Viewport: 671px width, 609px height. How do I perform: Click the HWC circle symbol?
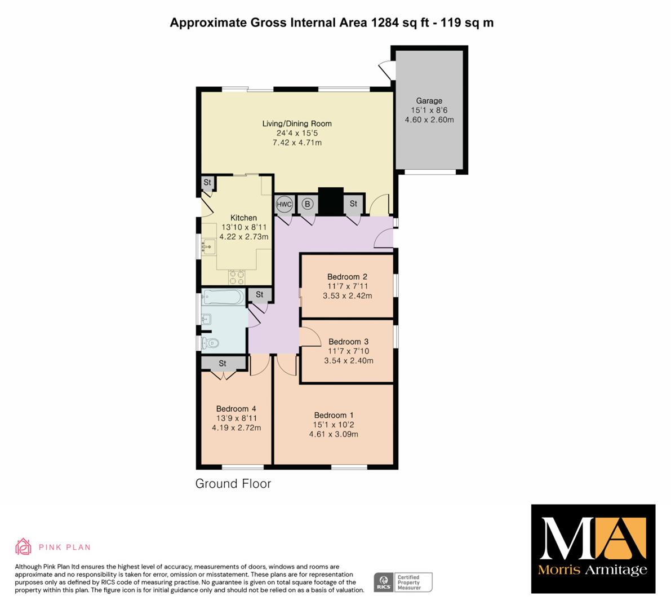(284, 204)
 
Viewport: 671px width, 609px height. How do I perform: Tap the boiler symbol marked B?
(307, 204)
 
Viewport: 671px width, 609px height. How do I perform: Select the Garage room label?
(429, 100)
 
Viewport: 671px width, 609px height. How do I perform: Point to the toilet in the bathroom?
(210, 343)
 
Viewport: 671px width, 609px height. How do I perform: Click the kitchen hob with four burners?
(237, 277)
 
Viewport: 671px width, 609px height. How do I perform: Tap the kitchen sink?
(208, 246)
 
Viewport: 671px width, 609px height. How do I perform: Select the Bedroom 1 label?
(334, 415)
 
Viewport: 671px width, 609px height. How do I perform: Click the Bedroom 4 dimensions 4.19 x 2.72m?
(236, 427)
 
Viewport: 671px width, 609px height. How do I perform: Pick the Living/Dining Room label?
(297, 123)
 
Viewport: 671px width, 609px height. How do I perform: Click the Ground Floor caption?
(233, 483)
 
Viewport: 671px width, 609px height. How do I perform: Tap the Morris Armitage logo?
(593, 549)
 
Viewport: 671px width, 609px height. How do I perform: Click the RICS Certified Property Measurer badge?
(403, 582)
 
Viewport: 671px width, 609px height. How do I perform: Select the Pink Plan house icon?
(23, 547)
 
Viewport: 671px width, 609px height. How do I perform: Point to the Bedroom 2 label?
(347, 277)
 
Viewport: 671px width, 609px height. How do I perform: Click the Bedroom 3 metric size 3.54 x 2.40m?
(349, 360)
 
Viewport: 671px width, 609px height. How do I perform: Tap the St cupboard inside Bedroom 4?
(223, 364)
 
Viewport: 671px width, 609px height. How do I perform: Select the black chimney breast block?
(331, 201)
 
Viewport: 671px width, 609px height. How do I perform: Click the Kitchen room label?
(243, 218)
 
